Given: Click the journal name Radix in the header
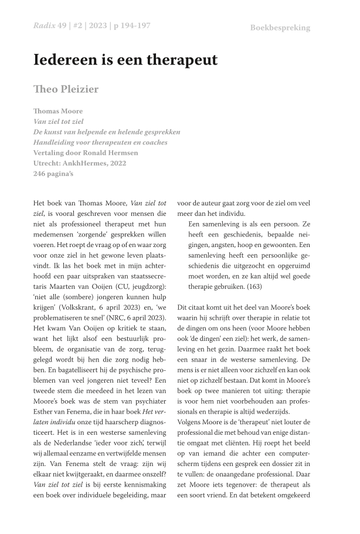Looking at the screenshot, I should (42, 26).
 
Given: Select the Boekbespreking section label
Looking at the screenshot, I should (280, 28).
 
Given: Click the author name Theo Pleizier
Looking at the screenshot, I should (66, 89).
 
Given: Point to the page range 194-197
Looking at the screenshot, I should (133, 26).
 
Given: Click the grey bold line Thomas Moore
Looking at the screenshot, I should (58, 111).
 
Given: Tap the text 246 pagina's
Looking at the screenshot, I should (53, 174).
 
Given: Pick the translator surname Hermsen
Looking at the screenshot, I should (124, 153).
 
